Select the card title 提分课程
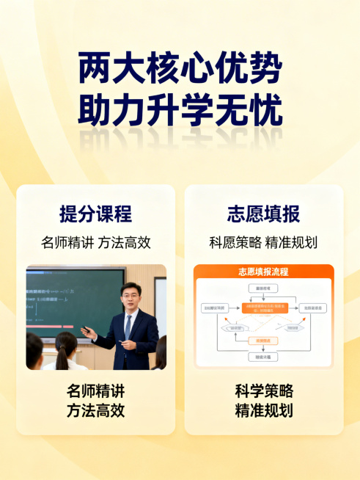coord(96,214)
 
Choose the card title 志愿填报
coord(263,214)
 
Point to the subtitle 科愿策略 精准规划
coord(263,243)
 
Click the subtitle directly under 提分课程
coord(96,243)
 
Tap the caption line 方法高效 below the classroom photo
coord(96,410)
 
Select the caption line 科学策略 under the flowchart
coord(263,391)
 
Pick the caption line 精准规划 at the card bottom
coord(263,410)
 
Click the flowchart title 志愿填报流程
coord(263,272)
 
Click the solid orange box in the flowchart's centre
coord(262,308)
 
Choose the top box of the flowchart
coord(263,289)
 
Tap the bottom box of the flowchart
coord(263,357)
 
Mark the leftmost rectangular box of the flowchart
coord(213,308)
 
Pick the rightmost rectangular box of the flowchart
coord(313,308)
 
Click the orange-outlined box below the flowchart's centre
coord(262,341)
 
